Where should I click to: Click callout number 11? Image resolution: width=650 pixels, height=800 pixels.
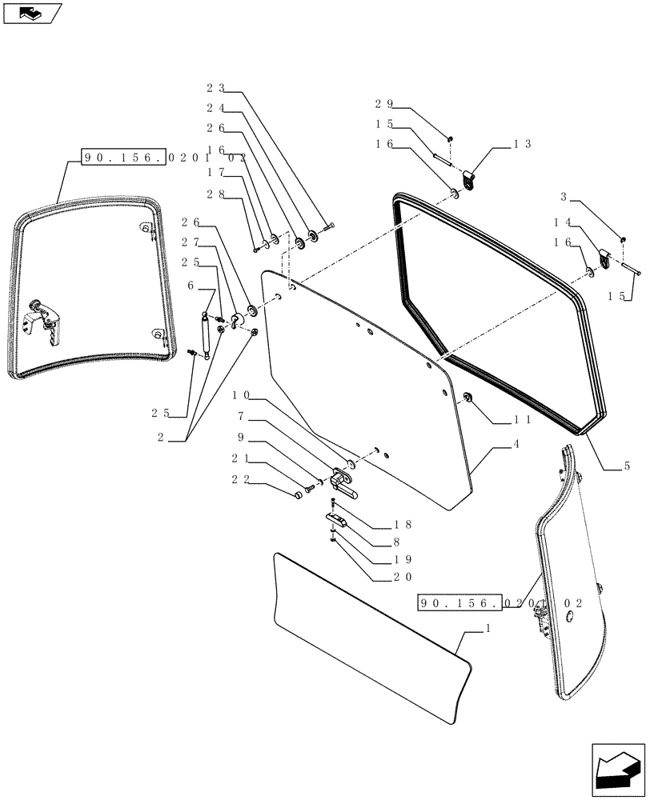click(522, 419)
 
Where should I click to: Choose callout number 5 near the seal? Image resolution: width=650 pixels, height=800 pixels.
click(625, 466)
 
